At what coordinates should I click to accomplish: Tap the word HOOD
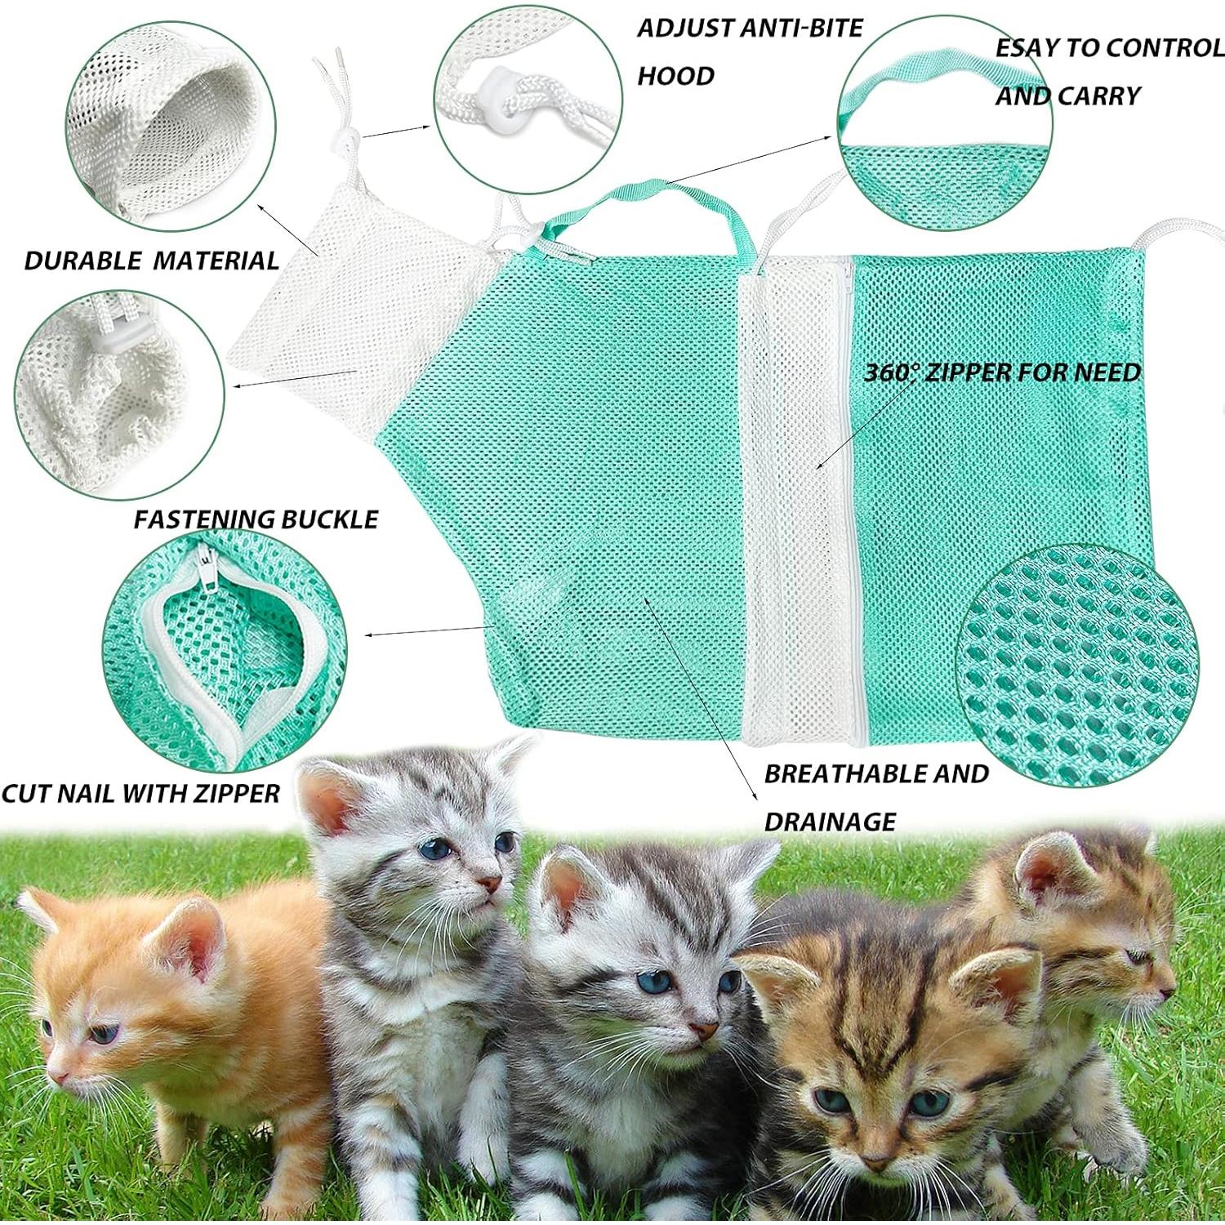(675, 76)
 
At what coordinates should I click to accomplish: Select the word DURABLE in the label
(83, 261)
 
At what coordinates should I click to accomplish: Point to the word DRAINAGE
(830, 822)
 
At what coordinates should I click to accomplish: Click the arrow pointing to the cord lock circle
(396, 131)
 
